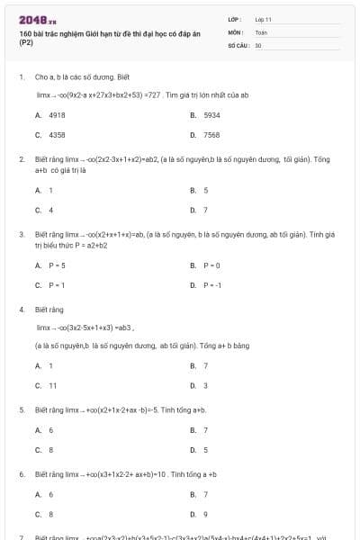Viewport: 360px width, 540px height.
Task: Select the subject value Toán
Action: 261,31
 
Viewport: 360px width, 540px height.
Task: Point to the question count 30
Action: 258,44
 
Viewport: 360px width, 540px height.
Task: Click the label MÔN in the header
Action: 236,31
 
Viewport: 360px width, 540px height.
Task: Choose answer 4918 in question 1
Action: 56,115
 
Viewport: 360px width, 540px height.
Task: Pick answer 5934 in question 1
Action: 211,115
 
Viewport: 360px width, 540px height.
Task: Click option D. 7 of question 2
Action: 205,210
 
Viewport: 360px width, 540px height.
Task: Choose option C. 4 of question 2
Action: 50,210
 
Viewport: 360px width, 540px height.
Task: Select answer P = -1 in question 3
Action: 211,284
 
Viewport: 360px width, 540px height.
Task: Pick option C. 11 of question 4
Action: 52,385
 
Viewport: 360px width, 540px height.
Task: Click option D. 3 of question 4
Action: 205,385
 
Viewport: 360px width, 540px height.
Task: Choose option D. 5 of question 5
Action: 205,449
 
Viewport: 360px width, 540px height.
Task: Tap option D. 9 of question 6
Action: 205,514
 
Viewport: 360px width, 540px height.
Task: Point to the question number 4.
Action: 21,309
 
